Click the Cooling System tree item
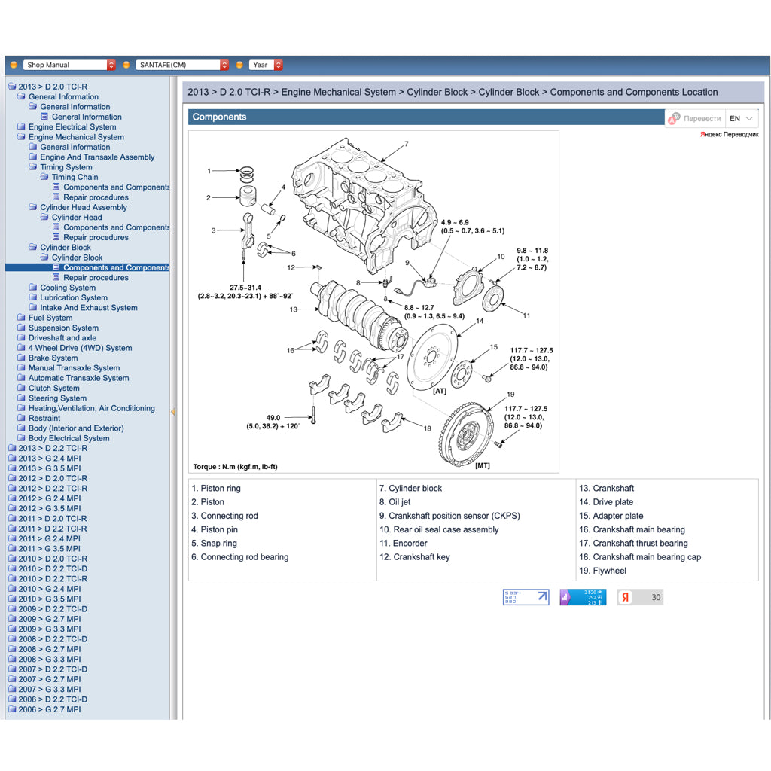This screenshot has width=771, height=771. (x=68, y=288)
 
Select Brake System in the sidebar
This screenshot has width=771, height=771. (x=53, y=358)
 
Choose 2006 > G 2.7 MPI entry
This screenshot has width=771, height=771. (x=49, y=709)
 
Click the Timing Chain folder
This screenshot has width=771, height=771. (x=75, y=177)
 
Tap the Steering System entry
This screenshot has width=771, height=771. (x=57, y=398)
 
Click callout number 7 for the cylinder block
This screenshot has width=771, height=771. (x=406, y=144)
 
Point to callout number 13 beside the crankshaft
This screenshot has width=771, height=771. (x=293, y=309)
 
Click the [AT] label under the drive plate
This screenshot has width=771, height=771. (x=440, y=391)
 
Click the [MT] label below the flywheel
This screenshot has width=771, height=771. (x=482, y=465)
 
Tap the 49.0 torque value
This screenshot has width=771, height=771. (x=273, y=418)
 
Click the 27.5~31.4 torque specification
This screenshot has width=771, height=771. (x=245, y=288)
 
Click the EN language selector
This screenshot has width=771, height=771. (x=741, y=118)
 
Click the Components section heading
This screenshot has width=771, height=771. (x=219, y=117)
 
